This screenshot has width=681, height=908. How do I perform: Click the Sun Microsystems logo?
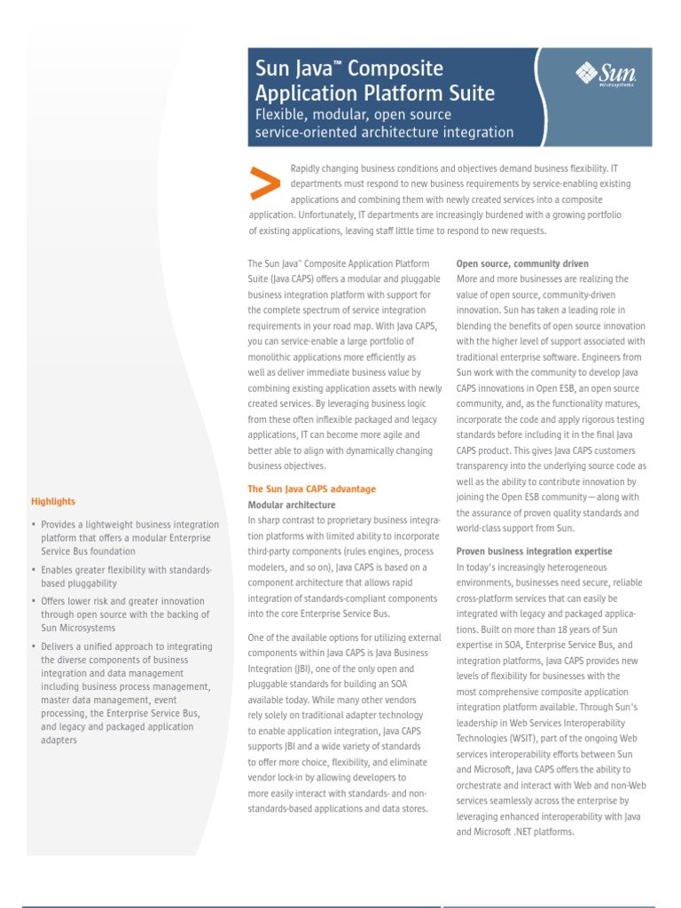[x=607, y=74]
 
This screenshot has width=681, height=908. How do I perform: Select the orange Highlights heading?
[x=53, y=501]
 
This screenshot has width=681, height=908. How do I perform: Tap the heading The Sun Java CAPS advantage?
[x=311, y=489]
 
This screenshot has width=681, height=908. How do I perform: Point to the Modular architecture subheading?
[x=292, y=505]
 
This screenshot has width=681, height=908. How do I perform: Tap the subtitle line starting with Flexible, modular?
[x=353, y=114]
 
